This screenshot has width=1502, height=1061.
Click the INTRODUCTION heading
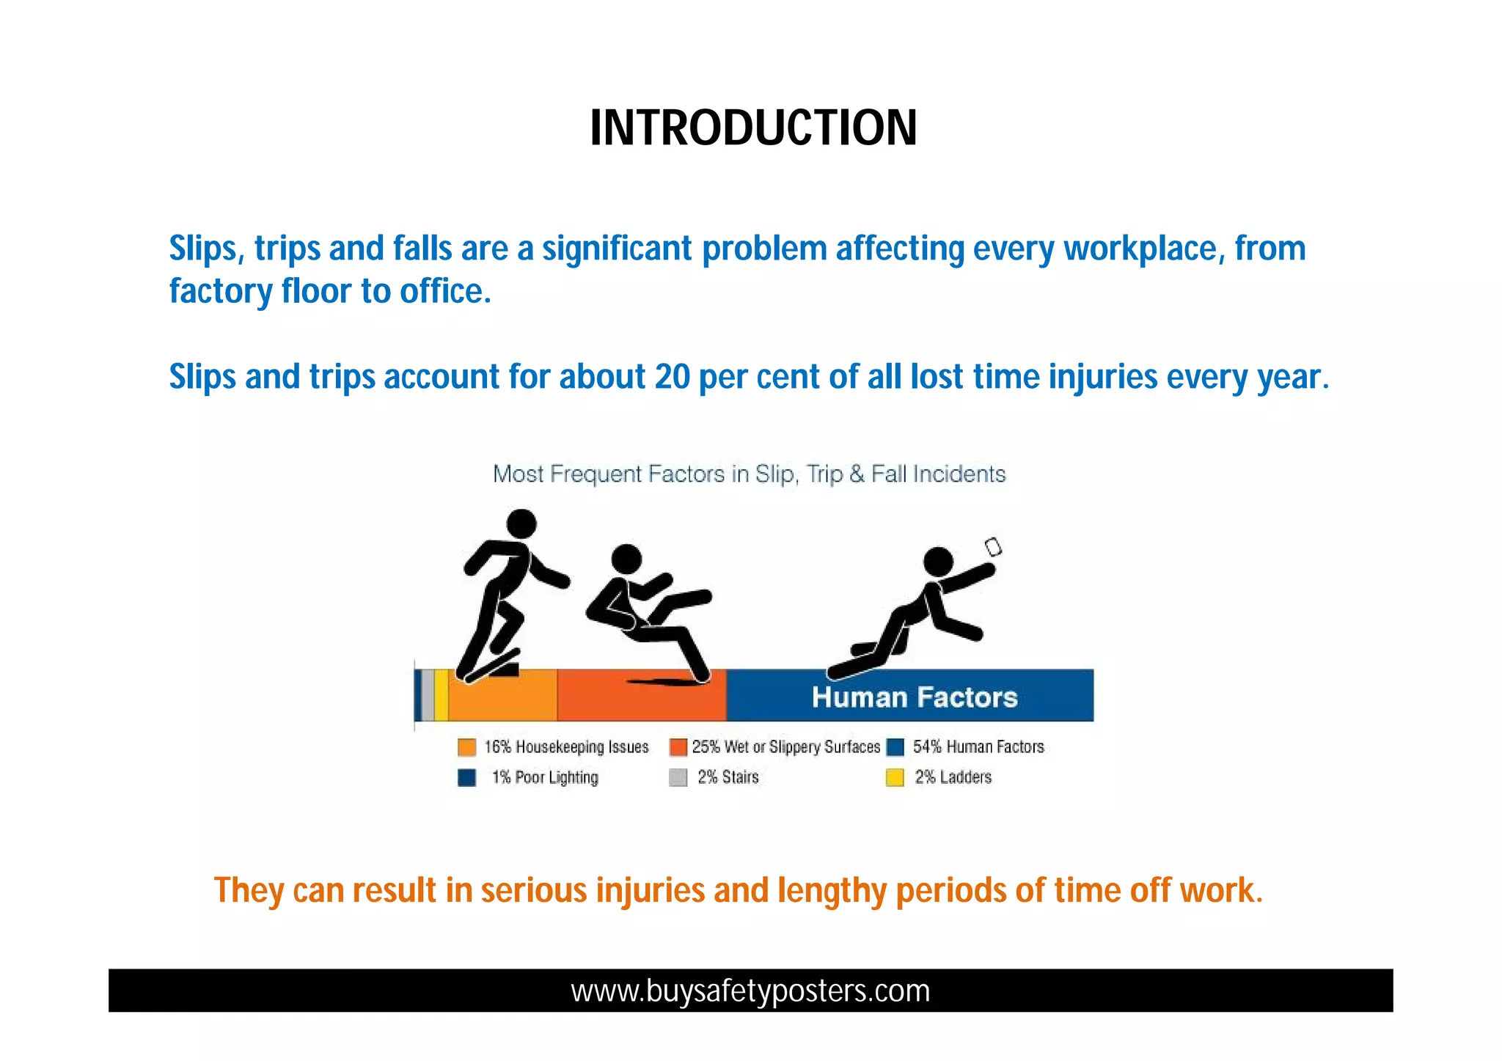point(753,128)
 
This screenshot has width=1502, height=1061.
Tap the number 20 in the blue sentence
point(672,377)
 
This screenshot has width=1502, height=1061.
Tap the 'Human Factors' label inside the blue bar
point(915,697)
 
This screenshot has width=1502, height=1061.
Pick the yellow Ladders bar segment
point(441,695)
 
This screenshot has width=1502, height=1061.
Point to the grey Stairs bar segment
point(428,695)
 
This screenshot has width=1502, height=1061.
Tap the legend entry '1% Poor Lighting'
point(544,777)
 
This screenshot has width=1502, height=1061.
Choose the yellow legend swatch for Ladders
point(894,777)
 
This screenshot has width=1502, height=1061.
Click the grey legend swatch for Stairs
point(678,777)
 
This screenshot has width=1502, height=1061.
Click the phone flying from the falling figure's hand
point(993,547)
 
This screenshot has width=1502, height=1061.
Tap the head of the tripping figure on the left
point(521,524)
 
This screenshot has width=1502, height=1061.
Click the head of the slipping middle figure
point(626,559)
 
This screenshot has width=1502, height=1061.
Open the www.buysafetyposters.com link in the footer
point(750,991)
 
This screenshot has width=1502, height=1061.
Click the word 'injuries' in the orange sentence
point(650,891)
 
